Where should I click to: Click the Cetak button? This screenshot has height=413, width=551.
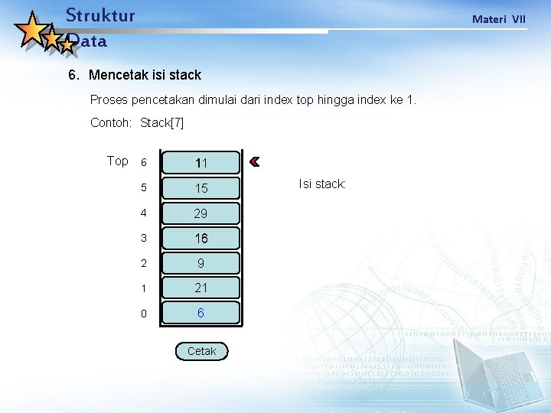(x=201, y=351)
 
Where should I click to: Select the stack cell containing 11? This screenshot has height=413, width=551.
(x=201, y=163)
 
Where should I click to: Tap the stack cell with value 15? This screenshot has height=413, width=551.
(x=201, y=188)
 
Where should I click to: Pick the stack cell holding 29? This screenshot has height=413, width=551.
(x=201, y=213)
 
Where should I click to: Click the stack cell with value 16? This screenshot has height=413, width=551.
(x=201, y=239)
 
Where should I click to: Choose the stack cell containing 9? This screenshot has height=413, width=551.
(x=201, y=263)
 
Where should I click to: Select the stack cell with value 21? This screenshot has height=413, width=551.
(x=201, y=288)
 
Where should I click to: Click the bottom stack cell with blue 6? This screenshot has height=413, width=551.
(x=201, y=313)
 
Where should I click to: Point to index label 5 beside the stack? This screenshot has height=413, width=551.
(x=142, y=188)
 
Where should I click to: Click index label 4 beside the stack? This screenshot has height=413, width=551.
(x=142, y=213)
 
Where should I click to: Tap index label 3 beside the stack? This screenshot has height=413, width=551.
(x=142, y=239)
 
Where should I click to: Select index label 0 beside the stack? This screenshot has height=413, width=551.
(x=142, y=314)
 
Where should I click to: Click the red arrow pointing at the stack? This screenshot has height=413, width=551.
(x=255, y=161)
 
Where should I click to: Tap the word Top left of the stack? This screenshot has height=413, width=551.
(x=117, y=161)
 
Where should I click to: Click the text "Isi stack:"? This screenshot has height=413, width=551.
(x=322, y=184)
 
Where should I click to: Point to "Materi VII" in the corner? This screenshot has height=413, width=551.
(x=498, y=19)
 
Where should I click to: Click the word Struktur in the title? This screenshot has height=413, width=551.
(x=100, y=15)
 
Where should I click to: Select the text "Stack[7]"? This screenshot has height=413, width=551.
(x=162, y=122)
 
